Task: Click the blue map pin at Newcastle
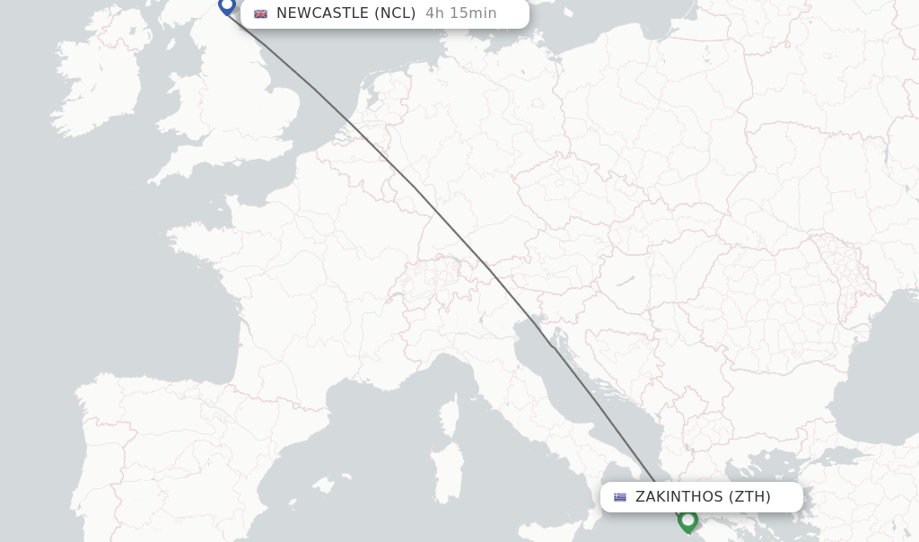pos(227,5)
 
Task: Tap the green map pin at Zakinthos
pos(688,520)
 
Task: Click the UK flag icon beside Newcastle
pos(260,13)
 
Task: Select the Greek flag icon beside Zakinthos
pos(619,497)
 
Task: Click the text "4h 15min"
pos(461,13)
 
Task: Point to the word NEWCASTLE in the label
pos(322,13)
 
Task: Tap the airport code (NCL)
pos(395,13)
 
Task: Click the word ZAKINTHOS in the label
pos(678,497)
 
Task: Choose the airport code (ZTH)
pos(749,497)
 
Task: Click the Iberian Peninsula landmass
pos(171,449)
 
